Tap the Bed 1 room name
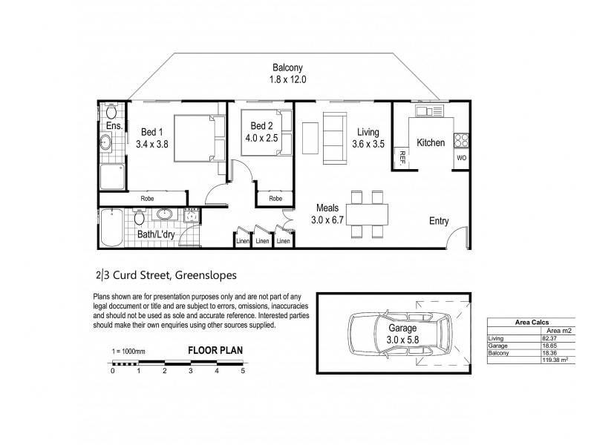(x=153, y=132)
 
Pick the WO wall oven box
(x=461, y=158)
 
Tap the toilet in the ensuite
(x=111, y=112)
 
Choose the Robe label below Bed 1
(x=148, y=199)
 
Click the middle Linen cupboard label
(x=262, y=241)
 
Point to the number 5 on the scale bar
(x=243, y=371)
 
